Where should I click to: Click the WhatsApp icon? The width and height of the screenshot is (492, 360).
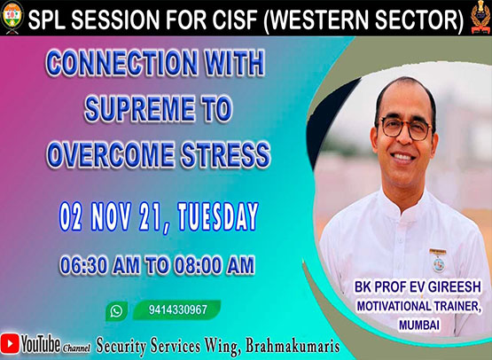coord(116,311)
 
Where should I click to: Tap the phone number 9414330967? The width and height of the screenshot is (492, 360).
coord(178,309)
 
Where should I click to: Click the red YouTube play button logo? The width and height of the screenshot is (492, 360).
coord(10,344)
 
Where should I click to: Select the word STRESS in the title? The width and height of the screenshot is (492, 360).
coord(225,155)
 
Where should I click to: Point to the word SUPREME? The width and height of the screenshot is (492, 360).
coord(140,109)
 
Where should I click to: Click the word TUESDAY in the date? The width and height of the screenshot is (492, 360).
coord(218,217)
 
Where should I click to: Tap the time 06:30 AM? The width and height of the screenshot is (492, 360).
coord(100,266)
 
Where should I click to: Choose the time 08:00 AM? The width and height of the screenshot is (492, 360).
coord(215,266)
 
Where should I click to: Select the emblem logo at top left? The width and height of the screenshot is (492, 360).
coord(12,17)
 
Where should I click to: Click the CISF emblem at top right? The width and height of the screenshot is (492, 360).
coord(480,17)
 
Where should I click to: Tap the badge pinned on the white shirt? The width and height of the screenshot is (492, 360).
coord(438,260)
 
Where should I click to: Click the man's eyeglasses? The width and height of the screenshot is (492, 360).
coord(406,128)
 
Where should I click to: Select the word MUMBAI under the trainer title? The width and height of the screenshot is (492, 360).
coord(419,325)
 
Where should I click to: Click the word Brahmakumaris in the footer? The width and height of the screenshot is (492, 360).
coord(293,346)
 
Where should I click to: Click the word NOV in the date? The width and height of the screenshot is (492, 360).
coord(111,217)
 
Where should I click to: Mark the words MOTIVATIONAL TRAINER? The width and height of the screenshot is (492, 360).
coord(419,306)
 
